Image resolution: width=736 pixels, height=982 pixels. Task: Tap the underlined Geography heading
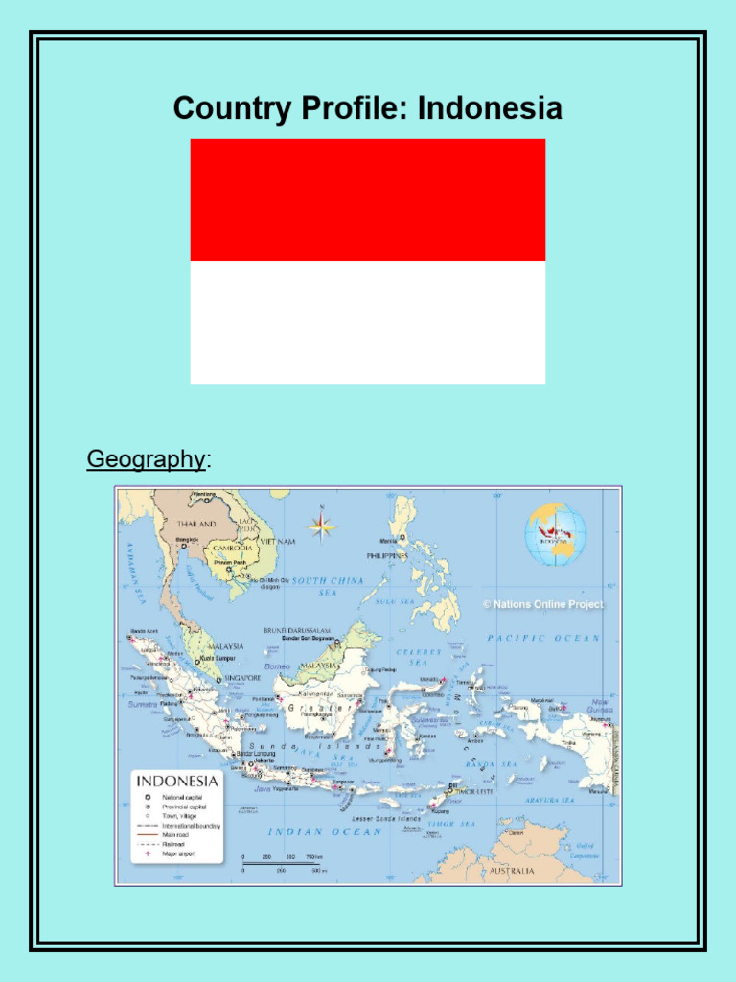click(146, 459)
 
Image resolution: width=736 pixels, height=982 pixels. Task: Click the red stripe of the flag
click(368, 199)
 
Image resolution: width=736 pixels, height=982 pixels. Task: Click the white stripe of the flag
click(368, 322)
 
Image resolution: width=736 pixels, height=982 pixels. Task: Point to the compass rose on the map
click(322, 525)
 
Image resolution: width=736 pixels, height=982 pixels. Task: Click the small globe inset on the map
click(555, 534)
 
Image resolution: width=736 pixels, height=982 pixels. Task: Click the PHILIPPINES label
click(387, 555)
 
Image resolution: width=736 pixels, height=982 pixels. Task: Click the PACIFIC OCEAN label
click(543, 637)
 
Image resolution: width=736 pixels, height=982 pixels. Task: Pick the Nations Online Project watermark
click(542, 604)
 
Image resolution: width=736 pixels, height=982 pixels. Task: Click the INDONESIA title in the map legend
click(178, 781)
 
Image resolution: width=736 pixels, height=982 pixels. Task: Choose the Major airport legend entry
click(178, 853)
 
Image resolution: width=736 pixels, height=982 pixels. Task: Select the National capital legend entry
click(182, 796)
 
